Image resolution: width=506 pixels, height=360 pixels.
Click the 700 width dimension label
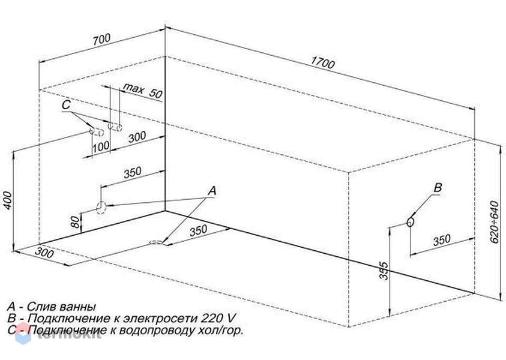pos(101,40)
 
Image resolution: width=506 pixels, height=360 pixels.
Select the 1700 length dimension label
pos(323,62)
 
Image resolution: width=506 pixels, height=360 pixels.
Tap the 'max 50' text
pos(143,91)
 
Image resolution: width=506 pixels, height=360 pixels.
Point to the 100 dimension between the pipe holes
pos(101,147)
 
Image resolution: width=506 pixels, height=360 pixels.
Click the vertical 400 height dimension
pos(7,200)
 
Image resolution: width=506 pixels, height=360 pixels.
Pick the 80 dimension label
pos(75,222)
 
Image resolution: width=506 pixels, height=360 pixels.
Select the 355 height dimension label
pos(383,271)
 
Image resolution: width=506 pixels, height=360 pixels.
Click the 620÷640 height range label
pos(494,222)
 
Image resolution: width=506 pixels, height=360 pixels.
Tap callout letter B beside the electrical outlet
pos(437,187)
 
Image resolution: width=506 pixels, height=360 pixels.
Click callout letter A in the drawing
pos(212,191)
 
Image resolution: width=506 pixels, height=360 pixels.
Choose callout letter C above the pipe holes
pos(66,105)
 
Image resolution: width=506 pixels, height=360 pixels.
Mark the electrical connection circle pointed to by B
pos(410,222)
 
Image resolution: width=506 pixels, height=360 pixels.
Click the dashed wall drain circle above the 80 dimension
pos(101,208)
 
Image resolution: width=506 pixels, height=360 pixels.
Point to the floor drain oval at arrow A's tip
pos(157,242)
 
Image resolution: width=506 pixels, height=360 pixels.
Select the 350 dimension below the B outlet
pos(441,241)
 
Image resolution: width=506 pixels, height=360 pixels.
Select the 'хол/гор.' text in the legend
pos(220,331)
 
